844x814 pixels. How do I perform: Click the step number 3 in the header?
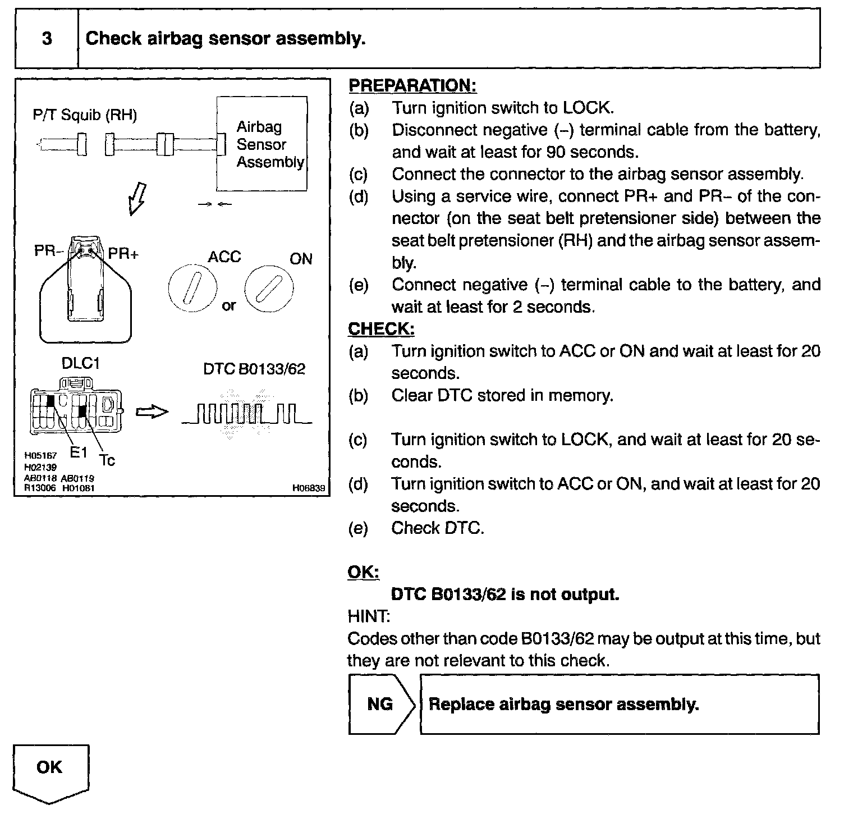coord(47,39)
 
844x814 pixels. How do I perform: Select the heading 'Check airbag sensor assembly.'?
coord(225,39)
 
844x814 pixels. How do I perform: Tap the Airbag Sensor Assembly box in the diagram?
coord(263,144)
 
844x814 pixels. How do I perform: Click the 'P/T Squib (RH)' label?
coord(85,115)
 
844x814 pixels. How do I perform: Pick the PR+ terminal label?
coord(123,254)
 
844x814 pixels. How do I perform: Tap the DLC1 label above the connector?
coord(81,364)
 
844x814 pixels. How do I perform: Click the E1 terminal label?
coord(79,452)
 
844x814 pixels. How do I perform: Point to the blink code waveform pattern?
coord(247,416)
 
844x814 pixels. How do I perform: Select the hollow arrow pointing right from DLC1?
coord(153,412)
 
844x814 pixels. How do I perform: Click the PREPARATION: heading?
coord(412,85)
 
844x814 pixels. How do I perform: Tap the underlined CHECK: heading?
coord(381,329)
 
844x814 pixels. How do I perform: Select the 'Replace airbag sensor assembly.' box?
coord(620,704)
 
